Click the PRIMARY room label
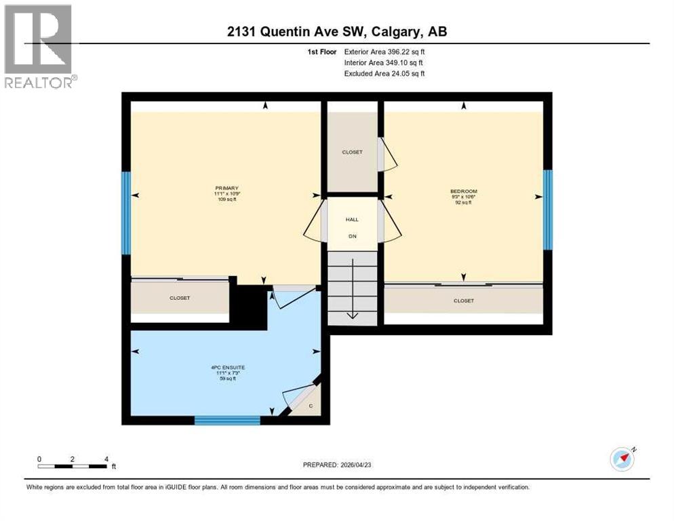tap(227, 188)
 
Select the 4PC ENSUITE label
tap(223, 367)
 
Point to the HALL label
tap(352, 220)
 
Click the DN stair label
tap(352, 236)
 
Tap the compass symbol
tap(622, 459)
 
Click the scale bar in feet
tap(73, 465)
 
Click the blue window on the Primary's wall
tap(126, 213)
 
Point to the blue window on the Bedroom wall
tap(548, 210)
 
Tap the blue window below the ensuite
tap(227, 420)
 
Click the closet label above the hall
tap(352, 152)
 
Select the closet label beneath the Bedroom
tap(464, 301)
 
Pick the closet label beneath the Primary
tap(180, 298)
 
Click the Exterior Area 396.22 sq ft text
tap(384, 51)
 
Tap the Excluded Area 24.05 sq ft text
tap(384, 73)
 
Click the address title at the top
tap(336, 31)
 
